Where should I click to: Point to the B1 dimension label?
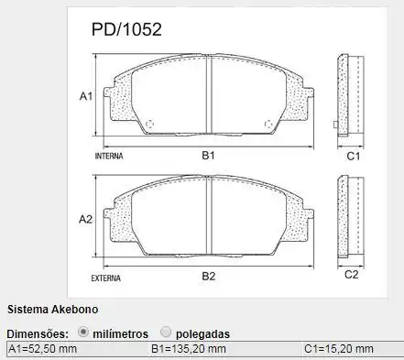(208, 156)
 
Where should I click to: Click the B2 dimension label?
(208, 276)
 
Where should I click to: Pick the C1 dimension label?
(352, 157)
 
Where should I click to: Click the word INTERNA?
(109, 157)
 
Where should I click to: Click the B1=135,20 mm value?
(189, 350)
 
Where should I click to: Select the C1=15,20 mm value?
(339, 350)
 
